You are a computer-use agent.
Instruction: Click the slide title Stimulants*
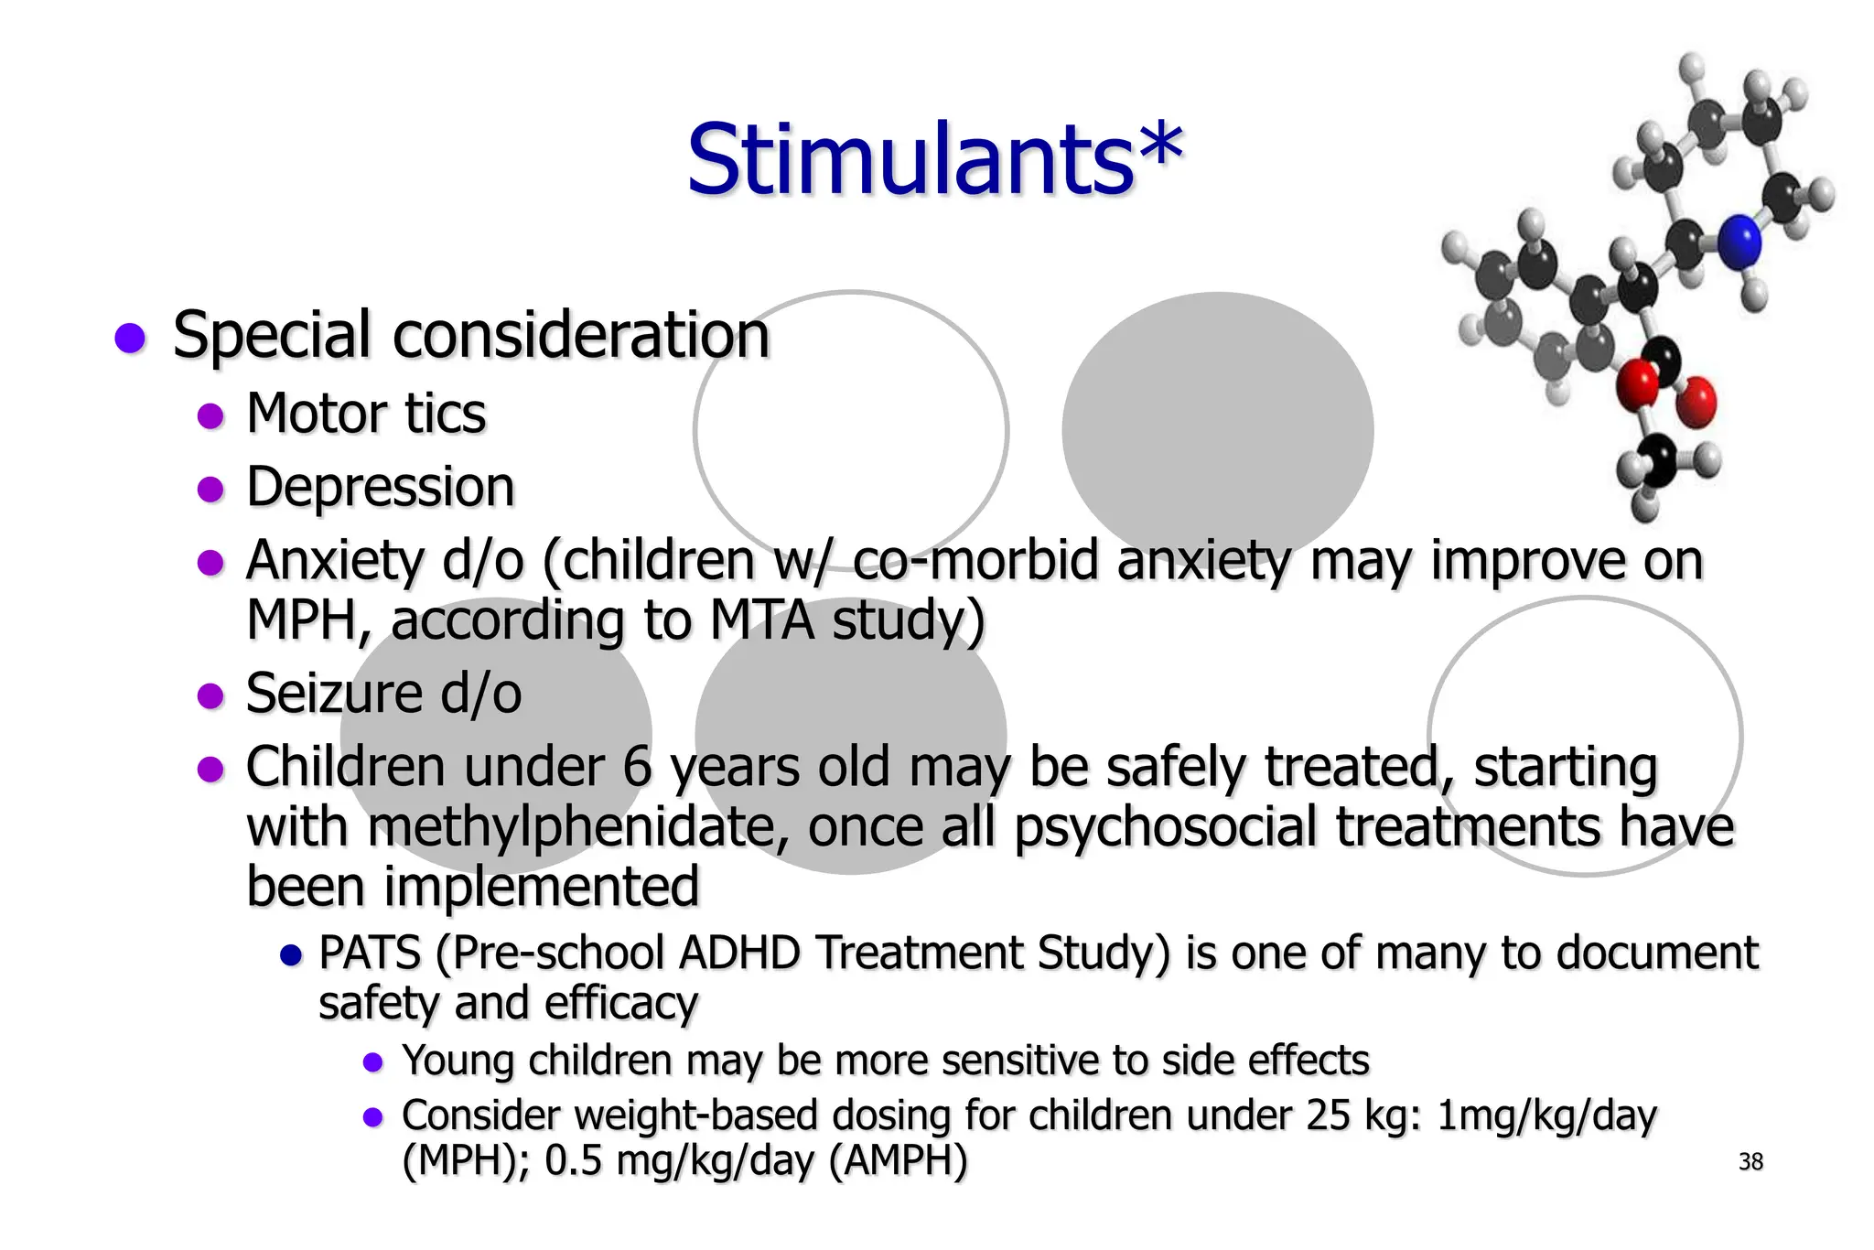(934, 160)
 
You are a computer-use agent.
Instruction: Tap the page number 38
(1750, 1161)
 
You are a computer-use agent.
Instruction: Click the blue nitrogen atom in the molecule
(1738, 242)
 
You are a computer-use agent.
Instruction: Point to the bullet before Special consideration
(130, 338)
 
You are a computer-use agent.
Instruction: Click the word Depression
(380, 487)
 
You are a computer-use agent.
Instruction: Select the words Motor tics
(366, 414)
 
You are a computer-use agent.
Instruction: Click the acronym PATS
(369, 953)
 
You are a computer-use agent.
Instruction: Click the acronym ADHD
(739, 953)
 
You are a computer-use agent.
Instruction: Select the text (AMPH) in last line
(898, 1160)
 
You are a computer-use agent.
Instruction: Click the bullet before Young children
(372, 1062)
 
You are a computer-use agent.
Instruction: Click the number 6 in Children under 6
(636, 767)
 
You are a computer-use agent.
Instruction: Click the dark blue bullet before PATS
(290, 956)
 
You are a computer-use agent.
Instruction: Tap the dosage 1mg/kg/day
(1546, 1115)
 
